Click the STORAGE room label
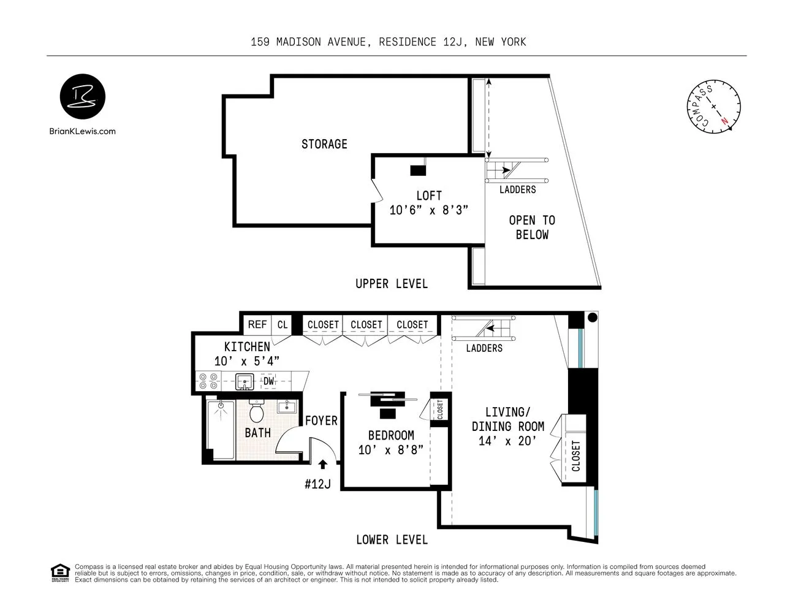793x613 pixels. [x=324, y=144]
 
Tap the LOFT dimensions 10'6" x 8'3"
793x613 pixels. [x=429, y=210]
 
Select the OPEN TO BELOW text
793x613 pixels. [x=532, y=227]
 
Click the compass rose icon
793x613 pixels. [x=713, y=106]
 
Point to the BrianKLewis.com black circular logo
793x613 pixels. [x=82, y=97]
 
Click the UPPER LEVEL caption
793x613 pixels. [x=392, y=284]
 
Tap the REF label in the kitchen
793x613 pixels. [x=257, y=324]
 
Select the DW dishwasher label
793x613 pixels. [x=268, y=381]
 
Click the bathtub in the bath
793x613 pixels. [x=220, y=429]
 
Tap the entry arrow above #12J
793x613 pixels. [x=323, y=465]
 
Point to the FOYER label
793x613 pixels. [x=321, y=421]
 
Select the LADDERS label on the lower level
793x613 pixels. [x=484, y=348]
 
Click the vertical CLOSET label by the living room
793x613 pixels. [x=576, y=456]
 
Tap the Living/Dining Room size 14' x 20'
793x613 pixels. [x=507, y=441]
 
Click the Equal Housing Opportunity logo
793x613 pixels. [x=60, y=573]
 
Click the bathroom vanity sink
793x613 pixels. [x=286, y=407]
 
